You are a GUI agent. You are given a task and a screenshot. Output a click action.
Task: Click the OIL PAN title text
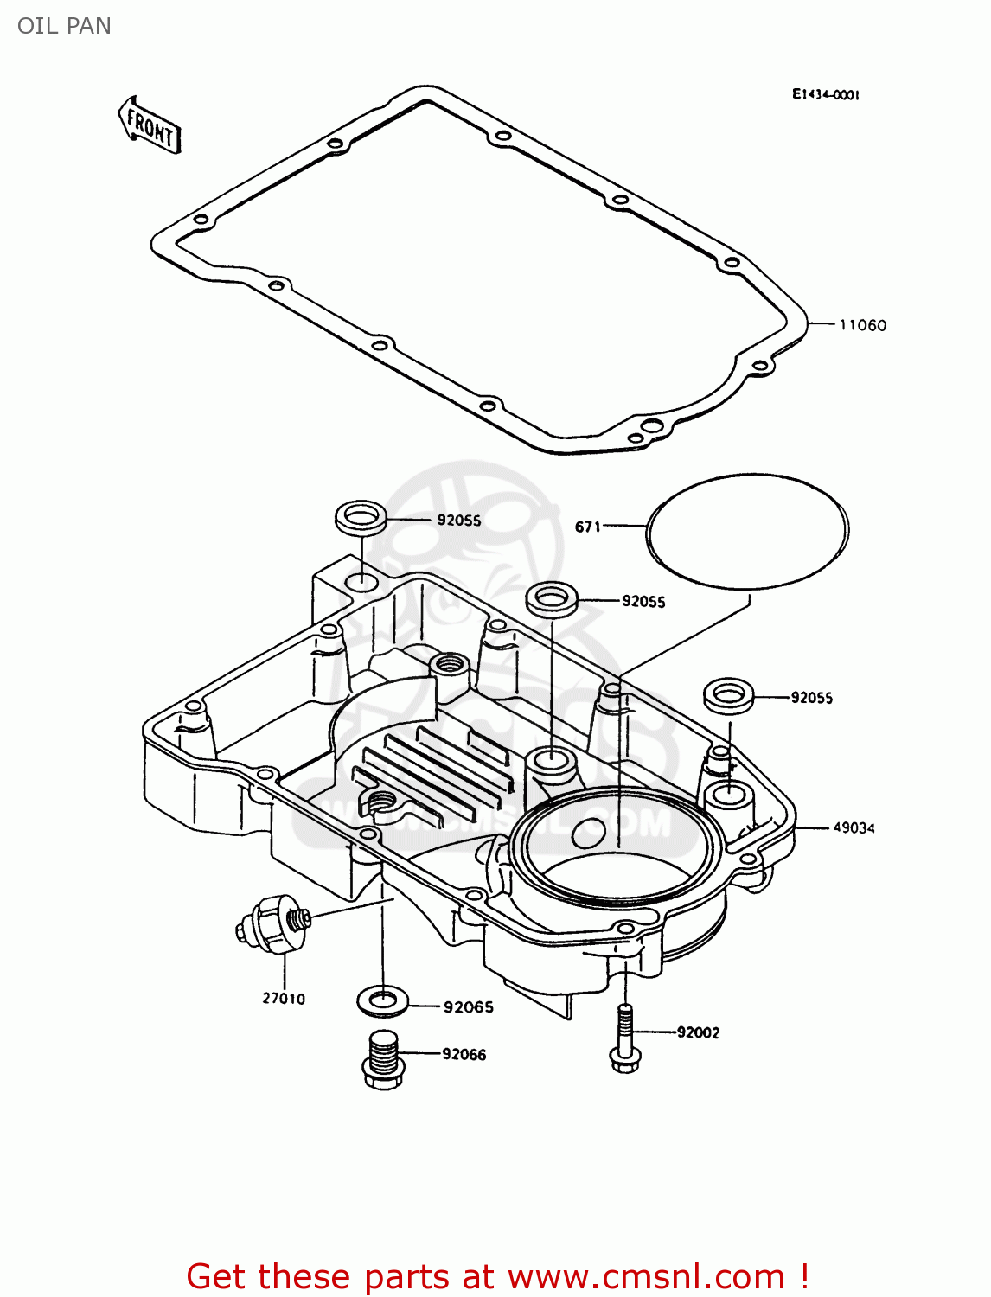64,26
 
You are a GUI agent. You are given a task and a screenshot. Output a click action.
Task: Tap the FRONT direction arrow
150,126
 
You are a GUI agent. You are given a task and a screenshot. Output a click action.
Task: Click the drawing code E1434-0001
825,95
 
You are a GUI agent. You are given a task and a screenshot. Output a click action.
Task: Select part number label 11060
862,325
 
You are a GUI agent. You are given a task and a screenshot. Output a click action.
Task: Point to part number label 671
587,527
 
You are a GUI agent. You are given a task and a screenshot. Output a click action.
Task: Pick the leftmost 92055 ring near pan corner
361,519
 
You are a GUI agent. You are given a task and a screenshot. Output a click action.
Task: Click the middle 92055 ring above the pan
552,598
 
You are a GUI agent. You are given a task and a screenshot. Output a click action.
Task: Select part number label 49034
854,827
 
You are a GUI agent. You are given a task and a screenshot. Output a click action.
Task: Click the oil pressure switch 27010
272,926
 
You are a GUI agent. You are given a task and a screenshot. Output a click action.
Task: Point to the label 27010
284,999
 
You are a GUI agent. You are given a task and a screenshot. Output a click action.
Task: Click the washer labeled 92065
382,1001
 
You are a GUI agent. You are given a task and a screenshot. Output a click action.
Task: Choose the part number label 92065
468,1007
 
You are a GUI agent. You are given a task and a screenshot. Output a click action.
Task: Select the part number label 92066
464,1055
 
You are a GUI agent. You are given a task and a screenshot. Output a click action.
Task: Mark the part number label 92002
698,1032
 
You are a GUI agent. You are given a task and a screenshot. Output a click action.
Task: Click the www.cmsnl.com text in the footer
645,1276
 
